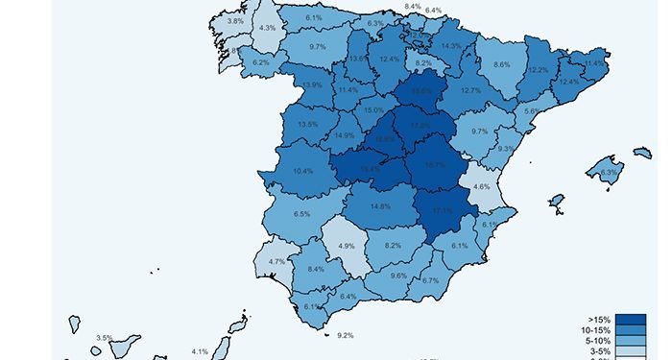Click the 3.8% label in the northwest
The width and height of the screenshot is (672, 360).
[235, 20]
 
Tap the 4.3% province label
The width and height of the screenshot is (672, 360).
[267, 28]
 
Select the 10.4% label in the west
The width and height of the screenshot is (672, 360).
[303, 171]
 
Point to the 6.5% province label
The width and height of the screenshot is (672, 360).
[301, 214]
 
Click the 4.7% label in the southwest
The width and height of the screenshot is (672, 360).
[276, 262]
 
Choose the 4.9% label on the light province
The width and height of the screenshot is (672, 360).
[347, 246]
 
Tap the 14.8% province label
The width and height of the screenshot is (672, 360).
[380, 206]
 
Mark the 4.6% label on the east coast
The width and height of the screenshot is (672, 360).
[482, 187]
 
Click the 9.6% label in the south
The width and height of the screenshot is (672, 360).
[399, 276]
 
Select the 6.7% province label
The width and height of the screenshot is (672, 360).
[430, 280]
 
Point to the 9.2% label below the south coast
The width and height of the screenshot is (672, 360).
[346, 335]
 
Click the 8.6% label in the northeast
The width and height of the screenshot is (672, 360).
[501, 64]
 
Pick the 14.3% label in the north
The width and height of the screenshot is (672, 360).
[451, 46]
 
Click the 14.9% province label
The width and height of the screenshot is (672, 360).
[343, 135]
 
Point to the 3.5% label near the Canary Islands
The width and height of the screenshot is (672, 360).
[105, 338]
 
